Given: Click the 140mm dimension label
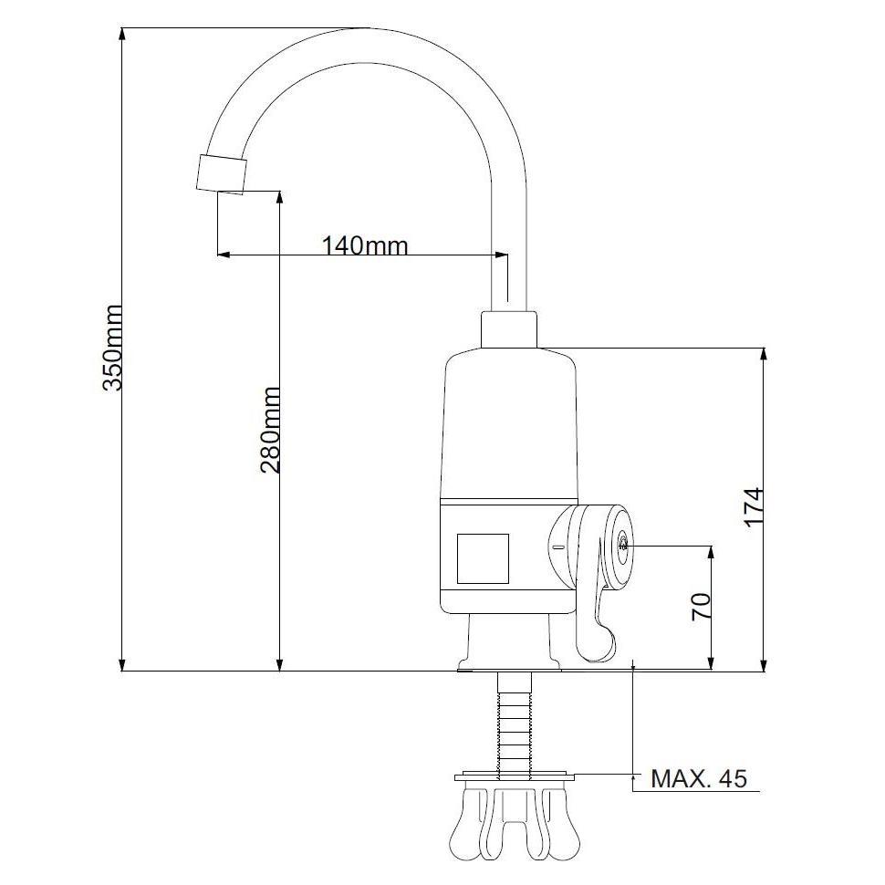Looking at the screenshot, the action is [365, 245].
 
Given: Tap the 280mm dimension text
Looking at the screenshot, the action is [270, 430].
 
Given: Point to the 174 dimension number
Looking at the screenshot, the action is [754, 506].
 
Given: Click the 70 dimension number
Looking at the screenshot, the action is [701, 607].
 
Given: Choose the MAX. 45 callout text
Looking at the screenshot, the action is [699, 778].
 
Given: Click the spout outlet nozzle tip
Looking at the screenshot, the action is [221, 173].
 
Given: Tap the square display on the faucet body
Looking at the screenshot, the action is [483, 558].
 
